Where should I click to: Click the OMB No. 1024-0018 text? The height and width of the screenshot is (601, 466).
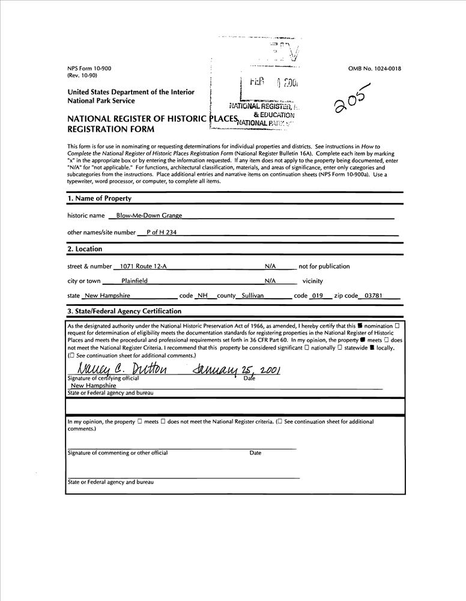click(x=374, y=69)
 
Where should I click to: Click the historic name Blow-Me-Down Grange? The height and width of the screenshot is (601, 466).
click(x=149, y=215)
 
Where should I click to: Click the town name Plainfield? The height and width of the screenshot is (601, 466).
click(x=134, y=281)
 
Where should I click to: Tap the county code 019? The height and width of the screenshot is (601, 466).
click(x=317, y=296)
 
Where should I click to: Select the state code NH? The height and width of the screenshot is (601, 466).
click(x=203, y=296)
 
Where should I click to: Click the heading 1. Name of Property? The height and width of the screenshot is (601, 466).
click(x=99, y=198)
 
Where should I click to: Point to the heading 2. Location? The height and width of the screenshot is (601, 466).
click(x=85, y=249)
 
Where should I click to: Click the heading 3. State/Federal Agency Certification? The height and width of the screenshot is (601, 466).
click(x=124, y=311)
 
